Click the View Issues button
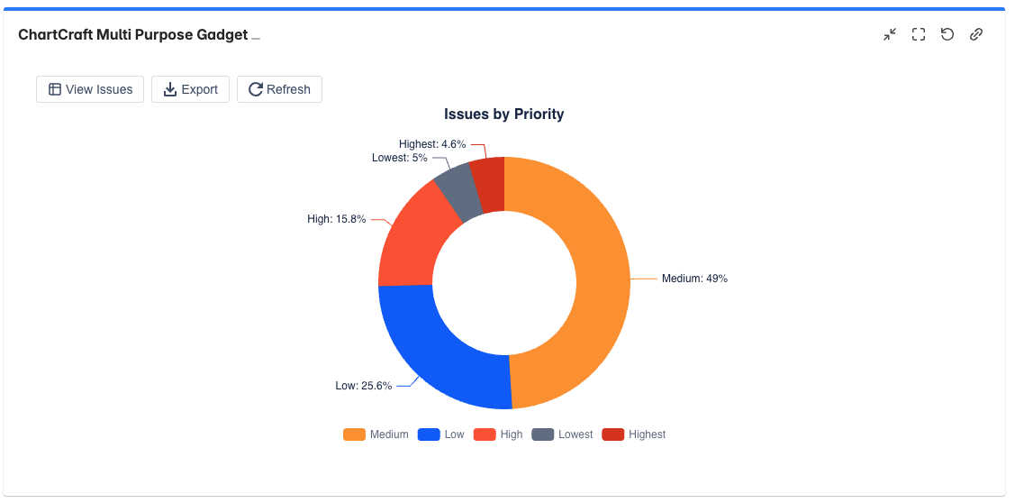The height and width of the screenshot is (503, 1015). click(90, 89)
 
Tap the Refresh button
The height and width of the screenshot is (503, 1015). click(279, 89)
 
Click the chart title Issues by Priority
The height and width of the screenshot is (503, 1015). click(503, 114)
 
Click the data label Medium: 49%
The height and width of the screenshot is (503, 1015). click(693, 279)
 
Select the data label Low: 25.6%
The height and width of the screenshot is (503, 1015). click(363, 386)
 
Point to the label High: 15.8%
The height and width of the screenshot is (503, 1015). click(336, 219)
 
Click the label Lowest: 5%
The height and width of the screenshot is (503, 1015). click(399, 158)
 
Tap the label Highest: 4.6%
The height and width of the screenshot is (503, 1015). click(432, 144)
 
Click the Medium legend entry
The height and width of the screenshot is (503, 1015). click(376, 434)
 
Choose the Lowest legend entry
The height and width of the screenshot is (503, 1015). click(564, 434)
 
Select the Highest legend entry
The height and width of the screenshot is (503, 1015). click(635, 434)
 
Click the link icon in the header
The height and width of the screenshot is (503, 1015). click(975, 35)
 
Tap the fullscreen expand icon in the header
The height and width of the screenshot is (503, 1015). click(919, 35)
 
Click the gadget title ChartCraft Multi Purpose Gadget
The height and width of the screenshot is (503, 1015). click(132, 35)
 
